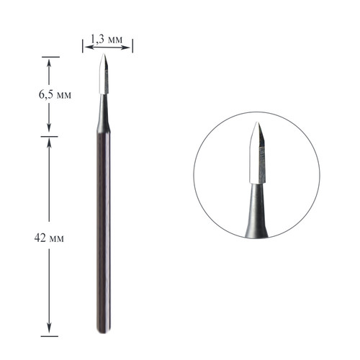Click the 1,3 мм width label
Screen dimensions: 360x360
(x=107, y=39)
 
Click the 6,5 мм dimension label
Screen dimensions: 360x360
(x=55, y=95)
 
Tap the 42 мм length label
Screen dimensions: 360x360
(x=49, y=238)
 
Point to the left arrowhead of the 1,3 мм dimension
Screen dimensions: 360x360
(x=89, y=48)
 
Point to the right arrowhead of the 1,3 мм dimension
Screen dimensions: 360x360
(x=125, y=48)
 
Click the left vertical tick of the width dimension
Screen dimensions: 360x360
(x=83, y=46)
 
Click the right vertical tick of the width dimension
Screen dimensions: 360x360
(x=132, y=46)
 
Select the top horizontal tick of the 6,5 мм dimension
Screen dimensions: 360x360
(x=50, y=57)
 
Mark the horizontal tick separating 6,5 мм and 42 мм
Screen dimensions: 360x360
(x=49, y=137)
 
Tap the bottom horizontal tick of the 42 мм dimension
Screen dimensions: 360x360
(x=50, y=336)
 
